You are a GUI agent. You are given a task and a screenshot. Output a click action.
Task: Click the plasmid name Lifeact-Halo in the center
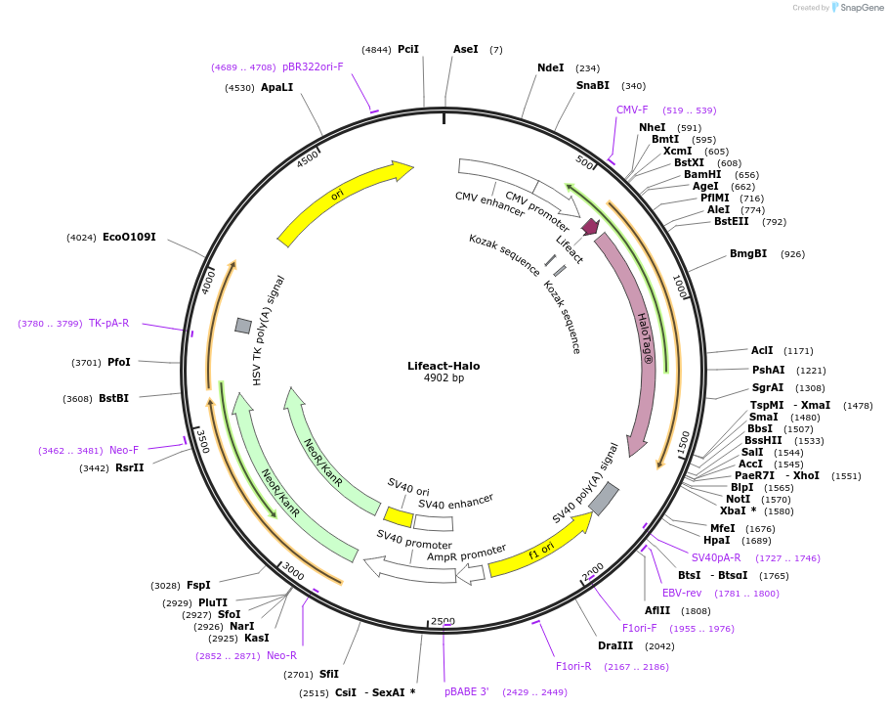pos(444,366)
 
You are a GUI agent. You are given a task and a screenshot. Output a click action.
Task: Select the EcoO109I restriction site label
pos(129,237)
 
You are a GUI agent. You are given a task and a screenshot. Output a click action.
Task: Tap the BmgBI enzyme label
pos(748,254)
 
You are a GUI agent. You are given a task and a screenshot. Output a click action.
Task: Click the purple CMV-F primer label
pos(632,110)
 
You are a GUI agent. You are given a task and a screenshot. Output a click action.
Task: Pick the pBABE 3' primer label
pos(467,691)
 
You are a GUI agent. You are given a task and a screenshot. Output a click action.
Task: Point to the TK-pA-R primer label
pos(108,323)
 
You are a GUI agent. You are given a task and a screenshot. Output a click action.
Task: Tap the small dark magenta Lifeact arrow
pos(590,227)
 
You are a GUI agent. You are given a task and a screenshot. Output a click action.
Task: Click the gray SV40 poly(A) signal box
pos(604,498)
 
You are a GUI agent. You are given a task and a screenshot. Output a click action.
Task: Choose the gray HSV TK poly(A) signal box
pos(243,325)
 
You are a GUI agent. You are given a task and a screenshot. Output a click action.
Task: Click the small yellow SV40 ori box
pos(398,516)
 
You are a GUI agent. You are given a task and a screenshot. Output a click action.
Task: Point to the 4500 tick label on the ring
pos(308,159)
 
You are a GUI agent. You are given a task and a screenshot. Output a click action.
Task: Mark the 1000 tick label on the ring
pos(679,287)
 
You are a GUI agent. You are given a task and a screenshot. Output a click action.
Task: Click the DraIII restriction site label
pos(615,645)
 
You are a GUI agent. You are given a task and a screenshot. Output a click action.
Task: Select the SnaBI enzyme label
pos(592,85)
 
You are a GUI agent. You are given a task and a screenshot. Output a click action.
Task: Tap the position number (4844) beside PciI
pos(376,49)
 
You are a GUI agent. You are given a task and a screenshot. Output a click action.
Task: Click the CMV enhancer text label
pos(489,203)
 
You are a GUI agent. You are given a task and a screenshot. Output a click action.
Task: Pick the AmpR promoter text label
pos(467,554)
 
